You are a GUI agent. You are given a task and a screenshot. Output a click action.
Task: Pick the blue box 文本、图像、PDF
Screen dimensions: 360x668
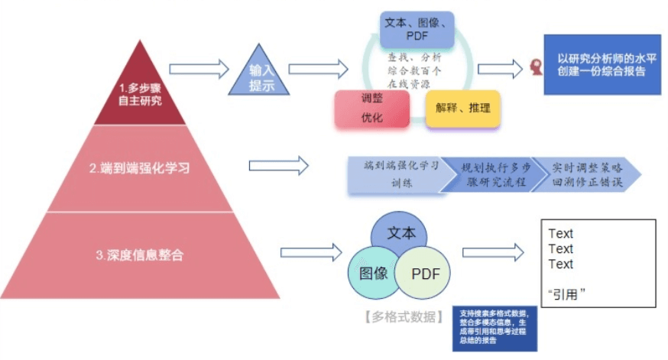(x=417, y=30)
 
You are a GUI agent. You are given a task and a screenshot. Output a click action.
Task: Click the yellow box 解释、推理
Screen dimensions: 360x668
(x=463, y=109)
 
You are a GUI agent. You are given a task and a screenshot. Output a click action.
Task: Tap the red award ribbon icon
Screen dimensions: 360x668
(x=537, y=67)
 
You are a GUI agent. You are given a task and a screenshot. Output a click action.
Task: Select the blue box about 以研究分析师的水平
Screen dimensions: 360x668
(x=602, y=66)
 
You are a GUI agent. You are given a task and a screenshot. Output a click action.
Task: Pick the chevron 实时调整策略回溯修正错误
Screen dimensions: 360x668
(x=585, y=175)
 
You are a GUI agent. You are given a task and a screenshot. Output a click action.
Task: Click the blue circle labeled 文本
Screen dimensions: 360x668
(x=402, y=232)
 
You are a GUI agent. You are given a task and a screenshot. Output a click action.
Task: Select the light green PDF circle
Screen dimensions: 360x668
(x=425, y=274)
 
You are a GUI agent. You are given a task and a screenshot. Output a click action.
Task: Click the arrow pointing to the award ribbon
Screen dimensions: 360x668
(x=501, y=67)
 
